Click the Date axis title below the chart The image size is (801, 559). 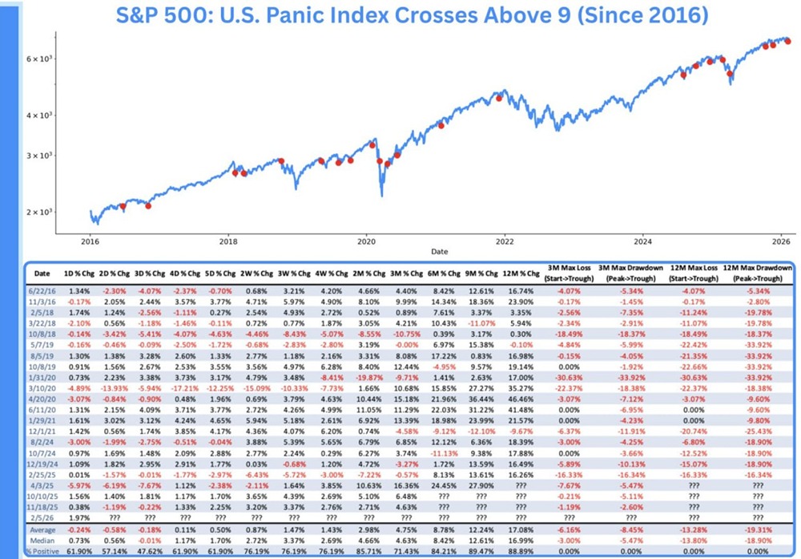coord(439,251)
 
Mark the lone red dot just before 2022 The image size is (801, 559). coord(499,98)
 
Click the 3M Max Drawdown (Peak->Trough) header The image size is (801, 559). coord(626,272)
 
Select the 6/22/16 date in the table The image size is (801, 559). coord(45,290)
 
